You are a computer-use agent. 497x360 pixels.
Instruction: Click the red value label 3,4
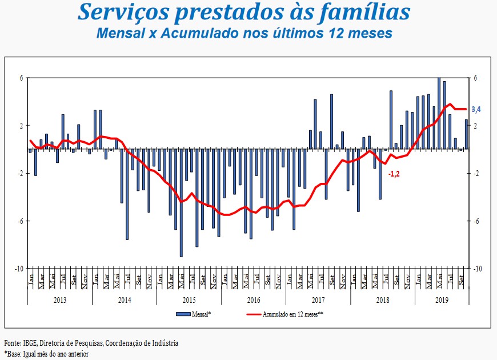click(x=475, y=109)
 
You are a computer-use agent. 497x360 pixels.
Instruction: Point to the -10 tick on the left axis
click(x=19, y=269)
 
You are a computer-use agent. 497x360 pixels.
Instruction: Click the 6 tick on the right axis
click(x=475, y=78)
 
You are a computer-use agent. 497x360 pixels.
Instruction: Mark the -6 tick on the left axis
click(x=20, y=221)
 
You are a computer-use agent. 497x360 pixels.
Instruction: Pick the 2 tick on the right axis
click(x=475, y=126)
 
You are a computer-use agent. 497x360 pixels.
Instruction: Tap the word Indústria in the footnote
click(x=164, y=343)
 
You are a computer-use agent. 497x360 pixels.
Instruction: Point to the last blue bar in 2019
click(x=466, y=134)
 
